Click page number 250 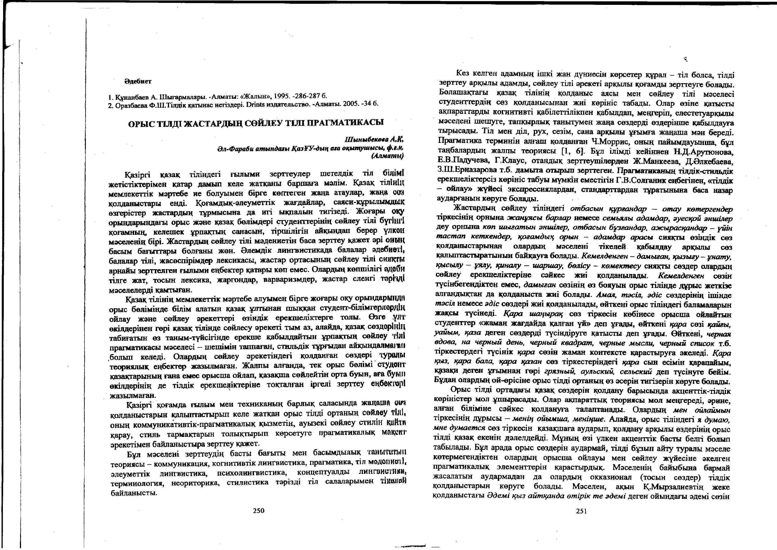[x=258, y=510]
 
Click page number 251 [x=581, y=511]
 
